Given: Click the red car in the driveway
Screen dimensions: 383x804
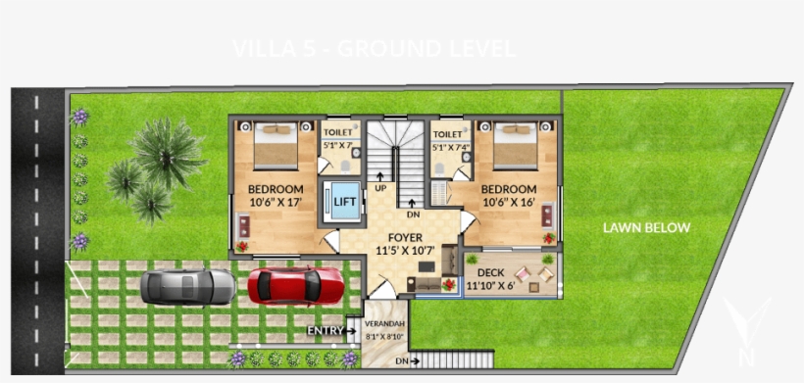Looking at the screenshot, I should pyautogui.click(x=295, y=286).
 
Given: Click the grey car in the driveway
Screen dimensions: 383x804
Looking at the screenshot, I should pyautogui.click(x=187, y=286).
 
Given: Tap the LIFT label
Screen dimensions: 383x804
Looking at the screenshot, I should pyautogui.click(x=344, y=203).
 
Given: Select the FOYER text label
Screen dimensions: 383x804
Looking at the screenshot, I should pyautogui.click(x=405, y=238).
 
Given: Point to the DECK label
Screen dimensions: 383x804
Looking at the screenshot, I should pyautogui.click(x=490, y=272).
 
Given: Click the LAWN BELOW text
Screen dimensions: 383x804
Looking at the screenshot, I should pyautogui.click(x=646, y=228).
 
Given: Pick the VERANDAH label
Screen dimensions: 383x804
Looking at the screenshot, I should pyautogui.click(x=384, y=323).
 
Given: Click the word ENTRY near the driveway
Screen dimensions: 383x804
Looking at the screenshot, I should pyautogui.click(x=325, y=331).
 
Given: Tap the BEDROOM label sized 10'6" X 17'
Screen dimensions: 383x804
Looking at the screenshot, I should pyautogui.click(x=276, y=189).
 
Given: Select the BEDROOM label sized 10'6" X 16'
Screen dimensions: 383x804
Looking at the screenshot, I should pyautogui.click(x=509, y=189).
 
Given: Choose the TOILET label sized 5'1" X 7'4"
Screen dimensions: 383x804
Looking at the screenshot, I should pyautogui.click(x=447, y=134).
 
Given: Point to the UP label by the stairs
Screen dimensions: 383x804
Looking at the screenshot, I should pyautogui.click(x=380, y=188).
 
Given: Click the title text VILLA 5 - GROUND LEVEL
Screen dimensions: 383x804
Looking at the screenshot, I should pyautogui.click(x=374, y=49).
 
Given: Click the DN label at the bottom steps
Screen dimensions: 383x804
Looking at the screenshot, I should pyautogui.click(x=401, y=361).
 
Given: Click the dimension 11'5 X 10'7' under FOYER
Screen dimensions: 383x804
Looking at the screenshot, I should pyautogui.click(x=405, y=252).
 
